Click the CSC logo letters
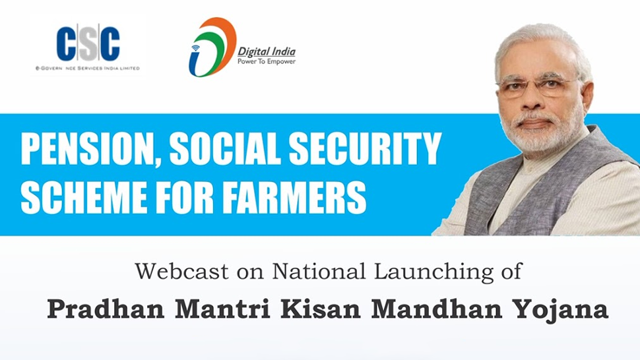tap(88, 44)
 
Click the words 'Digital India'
tap(267, 52)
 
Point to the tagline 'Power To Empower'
tap(267, 62)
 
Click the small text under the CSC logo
tap(88, 69)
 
